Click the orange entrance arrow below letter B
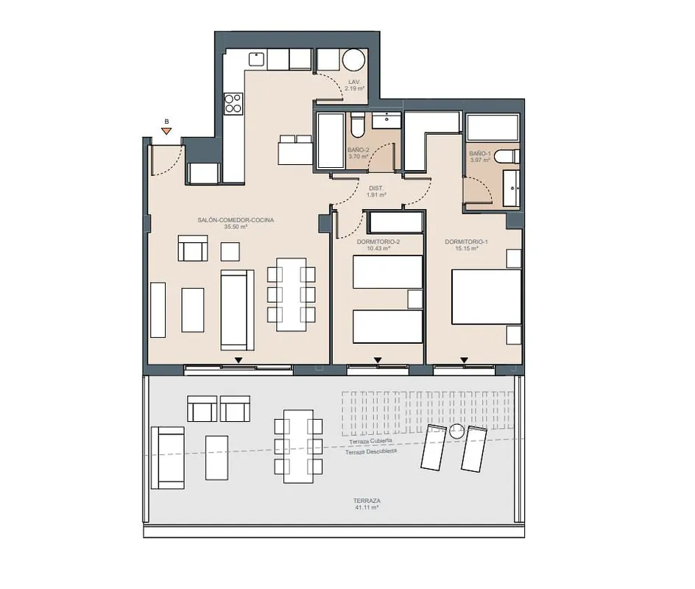click(166, 131)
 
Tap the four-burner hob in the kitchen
click(233, 103)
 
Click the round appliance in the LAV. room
click(353, 60)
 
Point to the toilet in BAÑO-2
click(357, 125)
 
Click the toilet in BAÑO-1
click(507, 156)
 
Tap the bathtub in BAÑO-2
click(331, 141)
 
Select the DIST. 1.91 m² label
click(376, 191)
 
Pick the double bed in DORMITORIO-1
click(486, 297)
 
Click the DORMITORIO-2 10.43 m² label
click(378, 245)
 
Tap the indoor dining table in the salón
click(292, 294)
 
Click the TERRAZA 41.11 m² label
click(367, 504)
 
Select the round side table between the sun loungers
click(456, 430)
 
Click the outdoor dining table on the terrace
click(298, 446)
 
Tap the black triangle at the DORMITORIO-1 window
click(464, 360)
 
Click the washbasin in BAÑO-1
click(512, 188)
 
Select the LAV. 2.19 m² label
click(355, 85)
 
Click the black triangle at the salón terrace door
click(239, 360)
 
